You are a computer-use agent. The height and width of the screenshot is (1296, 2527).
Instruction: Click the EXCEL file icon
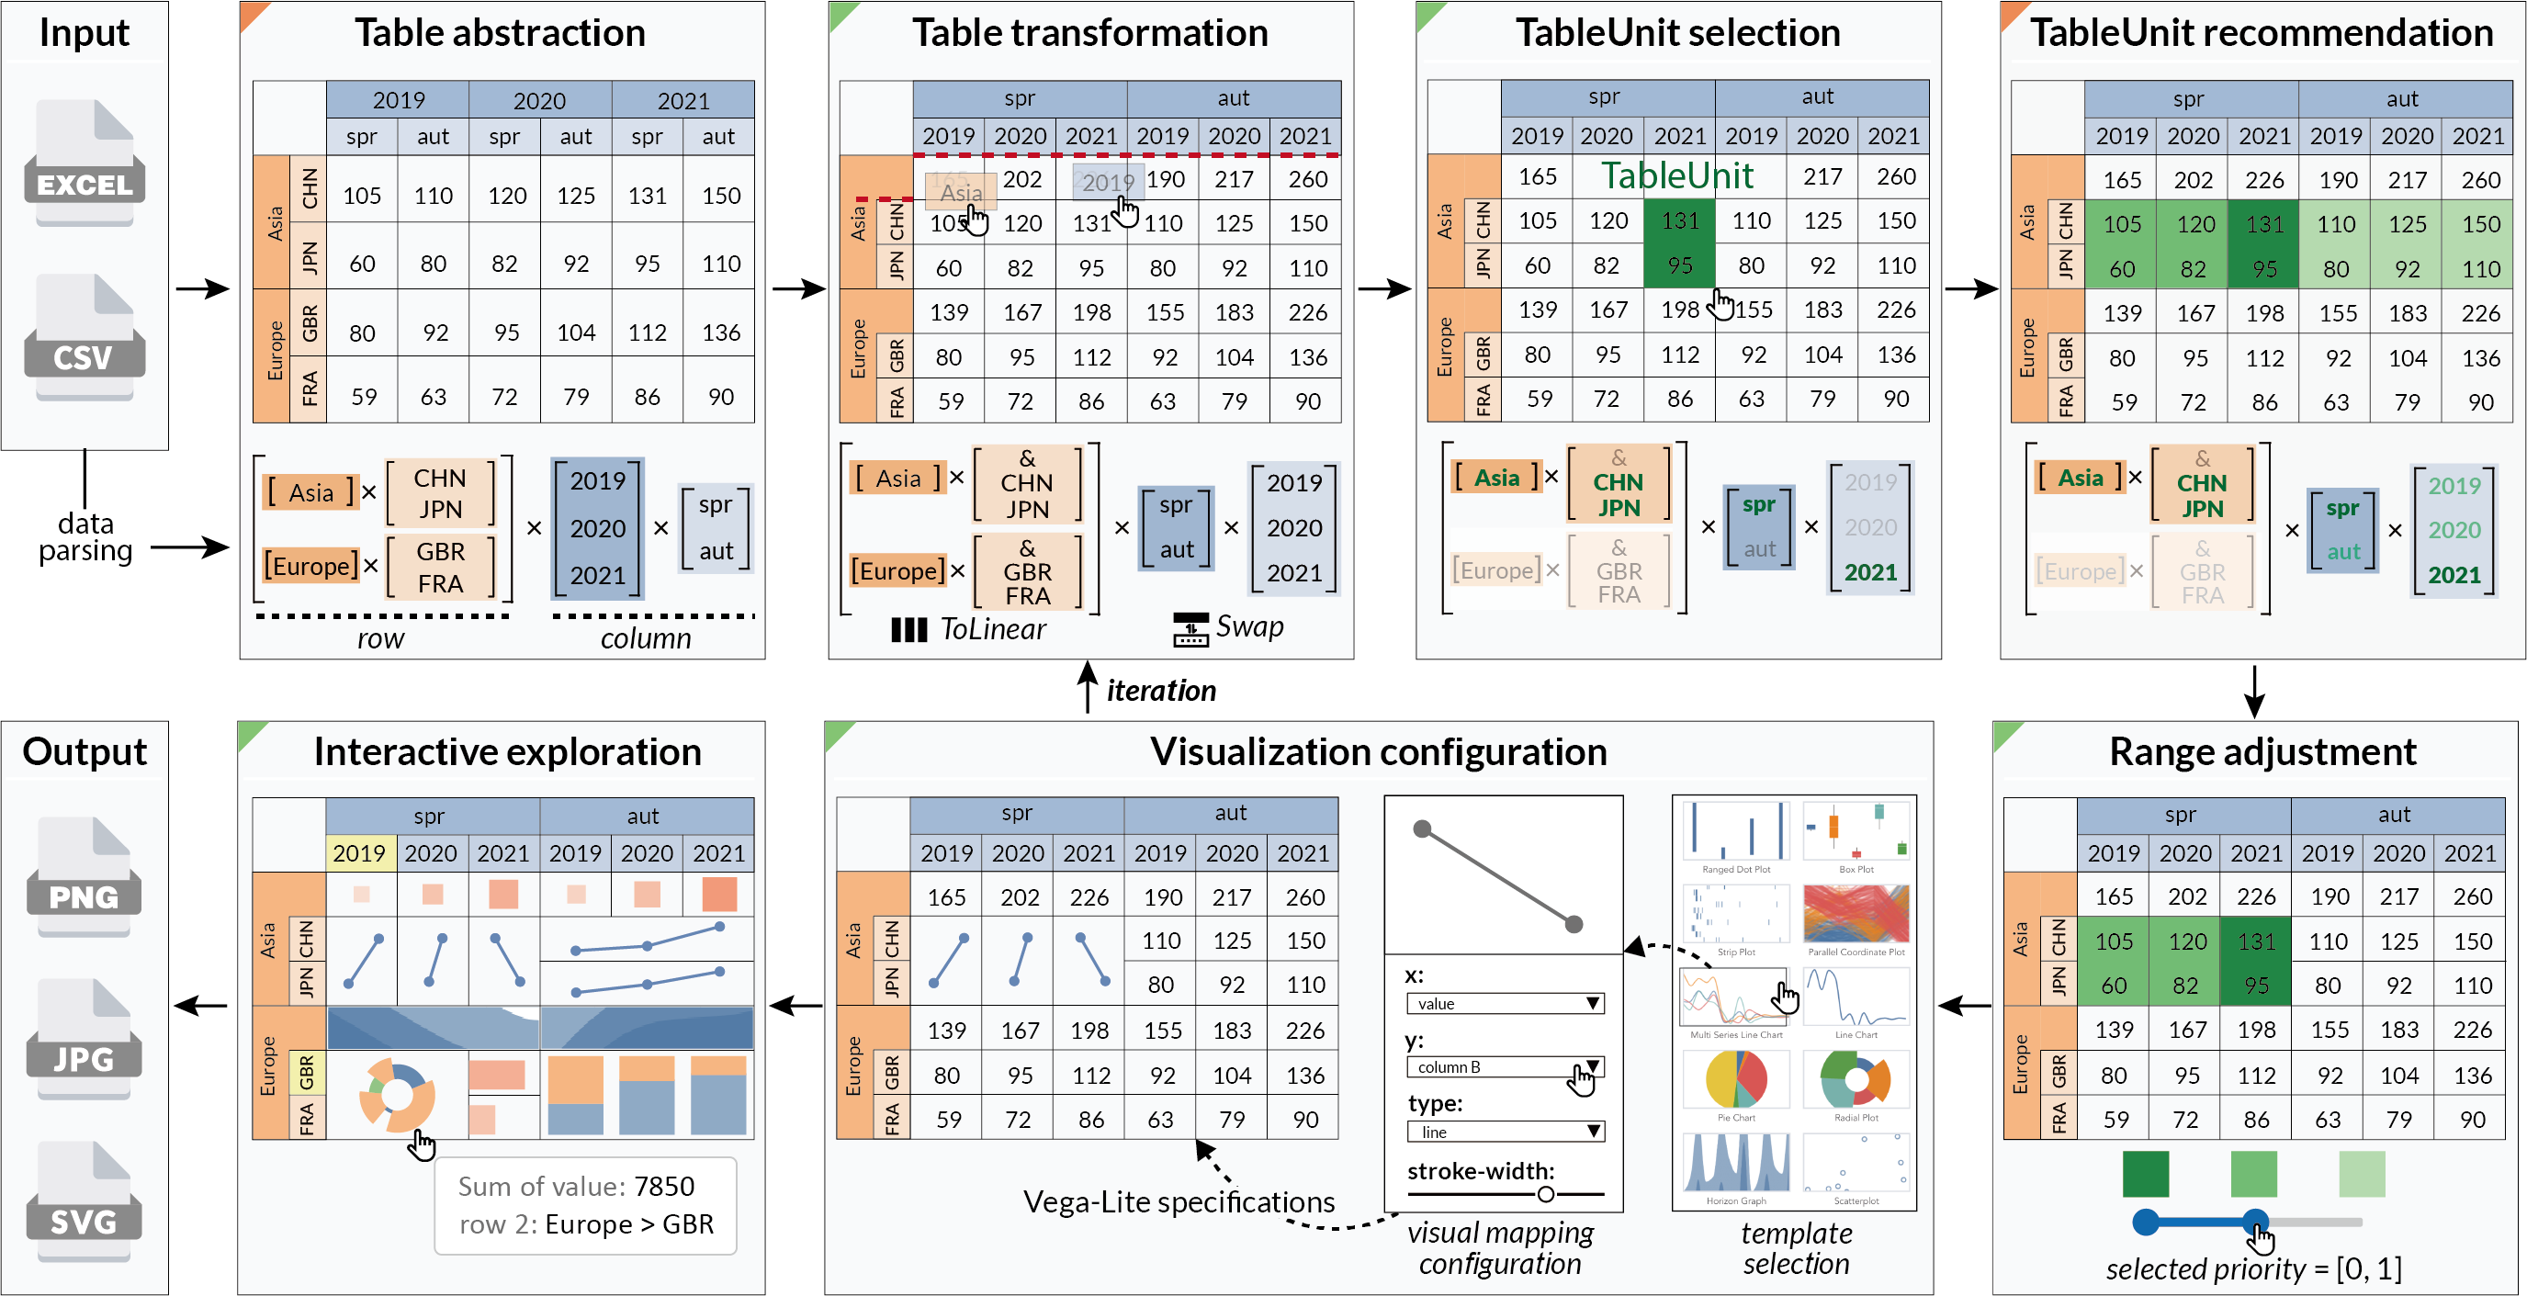pyautogui.click(x=85, y=163)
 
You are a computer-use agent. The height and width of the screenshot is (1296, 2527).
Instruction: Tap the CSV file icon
pyautogui.click(x=85, y=336)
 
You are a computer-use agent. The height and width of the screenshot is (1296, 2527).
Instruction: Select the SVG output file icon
pyautogui.click(x=85, y=1200)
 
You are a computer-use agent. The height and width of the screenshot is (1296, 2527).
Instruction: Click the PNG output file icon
pyautogui.click(x=85, y=876)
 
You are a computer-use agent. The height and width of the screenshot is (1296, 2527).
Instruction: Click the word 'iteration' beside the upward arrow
pyautogui.click(x=1160, y=691)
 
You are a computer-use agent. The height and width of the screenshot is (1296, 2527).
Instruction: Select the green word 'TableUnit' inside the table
pyautogui.click(x=1676, y=175)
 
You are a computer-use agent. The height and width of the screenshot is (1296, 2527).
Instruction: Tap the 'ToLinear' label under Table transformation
pyautogui.click(x=992, y=629)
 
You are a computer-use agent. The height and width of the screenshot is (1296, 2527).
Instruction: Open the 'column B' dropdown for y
pyautogui.click(x=1504, y=1066)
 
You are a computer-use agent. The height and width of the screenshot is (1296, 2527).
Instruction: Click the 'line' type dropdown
pyautogui.click(x=1504, y=1132)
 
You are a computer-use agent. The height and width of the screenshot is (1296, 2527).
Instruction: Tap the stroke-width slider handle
pyautogui.click(x=1545, y=1194)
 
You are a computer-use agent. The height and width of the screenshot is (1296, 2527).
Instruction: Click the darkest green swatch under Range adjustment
pyautogui.click(x=2146, y=1173)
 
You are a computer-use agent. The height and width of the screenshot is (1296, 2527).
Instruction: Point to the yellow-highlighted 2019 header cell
pyautogui.click(x=359, y=853)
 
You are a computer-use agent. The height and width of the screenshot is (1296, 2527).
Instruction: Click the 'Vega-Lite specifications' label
pyautogui.click(x=1179, y=1201)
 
